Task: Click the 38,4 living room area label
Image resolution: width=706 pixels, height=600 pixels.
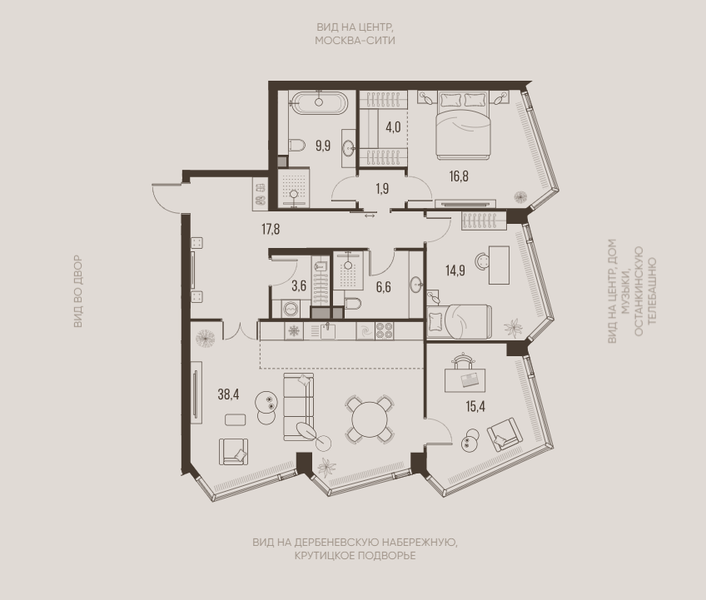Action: click(228, 394)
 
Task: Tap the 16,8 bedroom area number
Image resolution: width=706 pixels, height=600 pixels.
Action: click(459, 176)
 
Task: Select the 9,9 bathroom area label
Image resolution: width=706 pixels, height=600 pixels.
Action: click(323, 146)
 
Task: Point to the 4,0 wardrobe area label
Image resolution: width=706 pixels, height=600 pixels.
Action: click(393, 127)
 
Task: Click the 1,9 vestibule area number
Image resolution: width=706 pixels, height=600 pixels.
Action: click(382, 189)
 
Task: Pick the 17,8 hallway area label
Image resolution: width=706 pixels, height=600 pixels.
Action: click(271, 229)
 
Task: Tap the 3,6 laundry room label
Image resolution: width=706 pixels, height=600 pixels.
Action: click(299, 285)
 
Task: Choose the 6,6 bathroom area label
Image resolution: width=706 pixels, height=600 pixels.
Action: click(383, 287)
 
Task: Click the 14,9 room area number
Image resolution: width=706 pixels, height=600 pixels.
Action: click(455, 270)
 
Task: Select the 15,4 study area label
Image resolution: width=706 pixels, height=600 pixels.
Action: click(475, 406)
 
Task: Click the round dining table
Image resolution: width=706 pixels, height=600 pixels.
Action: click(369, 419)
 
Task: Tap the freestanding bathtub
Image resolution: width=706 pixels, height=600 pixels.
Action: click(319, 103)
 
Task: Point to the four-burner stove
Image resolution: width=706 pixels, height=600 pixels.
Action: click(384, 331)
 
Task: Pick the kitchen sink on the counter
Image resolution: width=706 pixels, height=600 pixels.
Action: click(327, 331)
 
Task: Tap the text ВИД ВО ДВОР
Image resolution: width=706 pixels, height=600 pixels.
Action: click(78, 291)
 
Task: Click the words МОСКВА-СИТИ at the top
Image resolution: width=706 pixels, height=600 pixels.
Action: click(355, 41)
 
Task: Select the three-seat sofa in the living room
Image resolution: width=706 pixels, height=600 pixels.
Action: click(298, 406)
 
